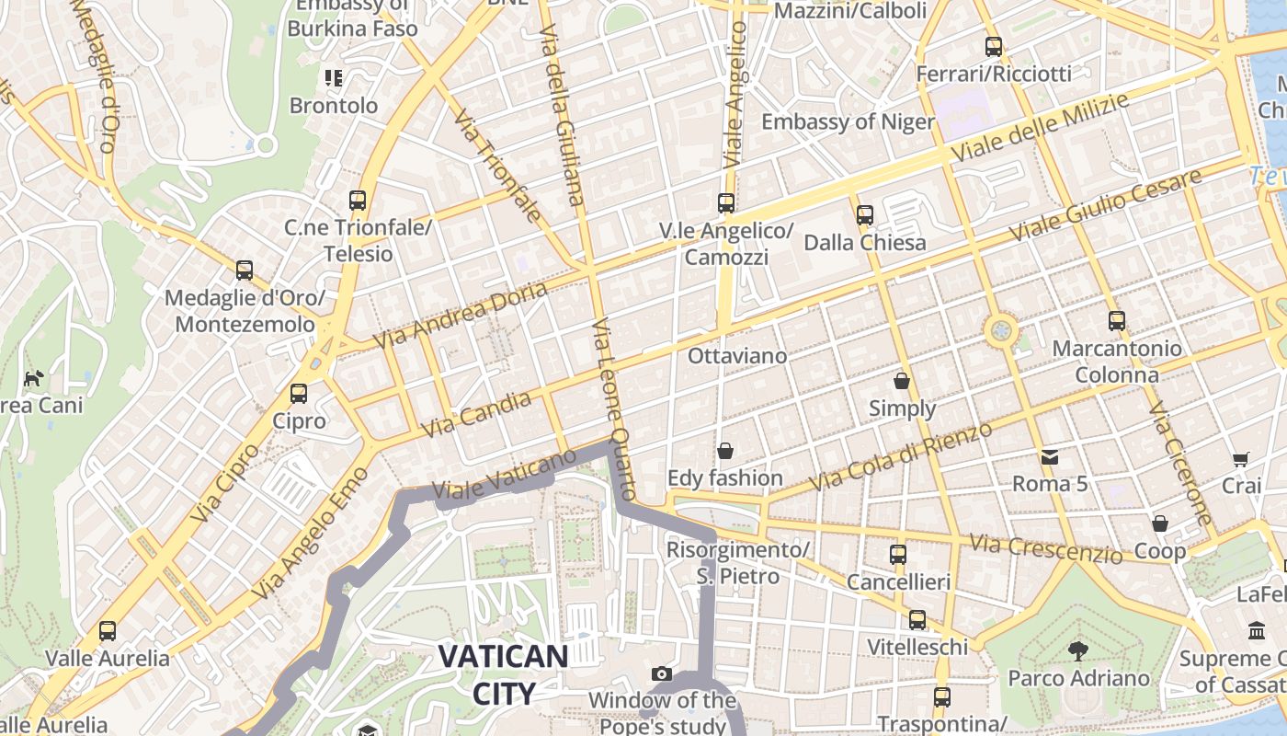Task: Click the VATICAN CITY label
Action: pyautogui.click(x=503, y=673)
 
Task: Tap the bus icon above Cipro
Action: pyautogui.click(x=299, y=394)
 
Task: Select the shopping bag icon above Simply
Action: pyautogui.click(x=902, y=380)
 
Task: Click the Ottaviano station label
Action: pyautogui.click(x=737, y=356)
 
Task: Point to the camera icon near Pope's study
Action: pyautogui.click(x=661, y=674)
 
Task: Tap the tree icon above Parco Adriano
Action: pyautogui.click(x=1077, y=651)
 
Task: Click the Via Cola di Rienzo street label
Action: pyautogui.click(x=901, y=457)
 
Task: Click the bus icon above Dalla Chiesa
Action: pyautogui.click(x=865, y=215)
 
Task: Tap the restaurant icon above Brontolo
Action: pyautogui.click(x=334, y=78)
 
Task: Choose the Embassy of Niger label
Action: pyautogui.click(x=848, y=121)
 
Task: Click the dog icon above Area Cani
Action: pyautogui.click(x=34, y=378)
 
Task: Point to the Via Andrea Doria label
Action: pyautogui.click(x=461, y=316)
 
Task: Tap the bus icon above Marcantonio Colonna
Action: pyautogui.click(x=1117, y=321)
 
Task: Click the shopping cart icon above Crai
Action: pyautogui.click(x=1241, y=458)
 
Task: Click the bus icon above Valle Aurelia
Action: pyautogui.click(x=108, y=631)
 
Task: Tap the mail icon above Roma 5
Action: pyautogui.click(x=1049, y=456)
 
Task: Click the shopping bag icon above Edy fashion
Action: pyautogui.click(x=725, y=451)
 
